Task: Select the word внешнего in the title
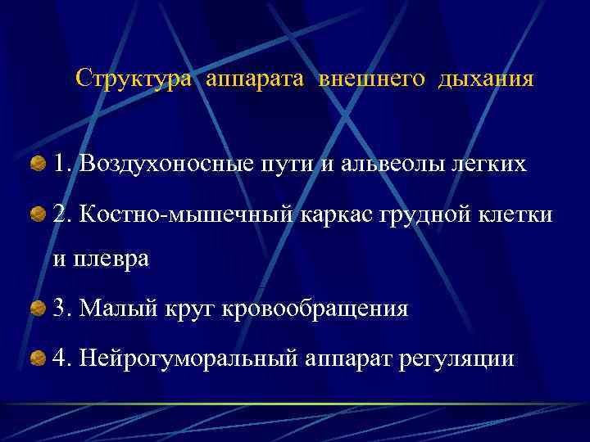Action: point(373,79)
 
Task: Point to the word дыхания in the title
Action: point(486,79)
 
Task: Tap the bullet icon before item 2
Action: point(38,215)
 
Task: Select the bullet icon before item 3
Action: point(38,308)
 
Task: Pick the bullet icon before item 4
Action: point(38,358)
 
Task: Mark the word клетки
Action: point(514,214)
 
